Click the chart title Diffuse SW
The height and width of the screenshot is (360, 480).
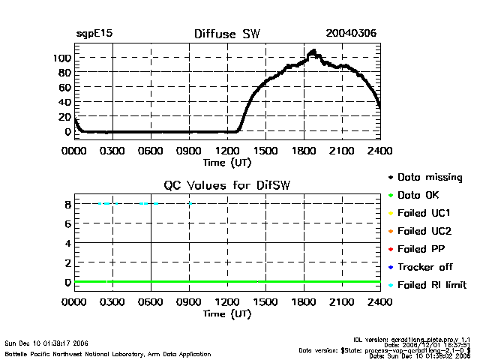click(226, 34)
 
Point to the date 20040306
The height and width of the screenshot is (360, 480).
click(351, 34)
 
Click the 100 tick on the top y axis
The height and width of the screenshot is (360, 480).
click(61, 58)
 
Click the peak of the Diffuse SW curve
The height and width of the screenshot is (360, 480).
click(313, 52)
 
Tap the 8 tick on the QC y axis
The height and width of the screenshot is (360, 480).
click(67, 203)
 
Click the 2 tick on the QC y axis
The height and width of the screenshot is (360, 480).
click(67, 262)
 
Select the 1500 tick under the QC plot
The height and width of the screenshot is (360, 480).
click(265, 302)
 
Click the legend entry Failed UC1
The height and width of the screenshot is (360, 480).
click(424, 214)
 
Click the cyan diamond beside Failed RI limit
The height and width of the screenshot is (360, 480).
click(390, 285)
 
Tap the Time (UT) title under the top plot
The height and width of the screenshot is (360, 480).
click(227, 162)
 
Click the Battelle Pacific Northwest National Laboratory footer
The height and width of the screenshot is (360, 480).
click(108, 353)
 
